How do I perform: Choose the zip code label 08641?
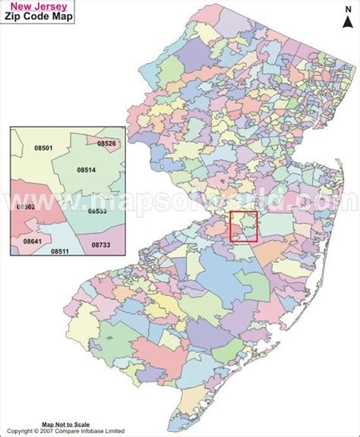point(33,241)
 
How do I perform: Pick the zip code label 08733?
point(101,245)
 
